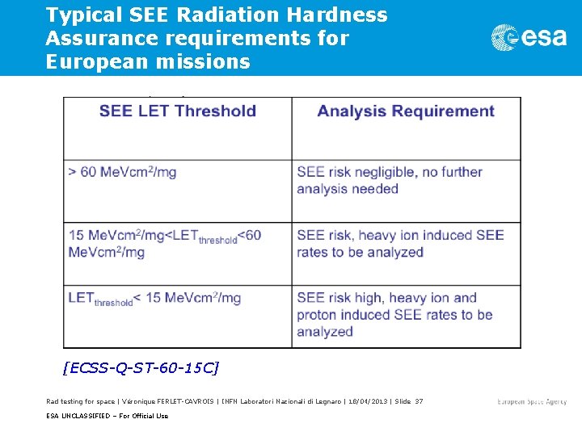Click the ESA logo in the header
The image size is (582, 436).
[x=529, y=37]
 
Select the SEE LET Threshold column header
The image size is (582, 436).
[x=178, y=111]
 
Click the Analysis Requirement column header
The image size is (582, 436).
[x=406, y=111]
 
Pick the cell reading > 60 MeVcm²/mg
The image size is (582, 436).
[x=122, y=172]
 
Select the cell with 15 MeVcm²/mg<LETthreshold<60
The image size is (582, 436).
[x=165, y=244]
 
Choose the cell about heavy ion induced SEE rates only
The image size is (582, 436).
[x=400, y=244]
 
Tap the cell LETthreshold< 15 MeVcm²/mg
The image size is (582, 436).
[x=154, y=299]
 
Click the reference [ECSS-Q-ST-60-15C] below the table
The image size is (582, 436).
[x=141, y=368]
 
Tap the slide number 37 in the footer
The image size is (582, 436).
[x=418, y=401]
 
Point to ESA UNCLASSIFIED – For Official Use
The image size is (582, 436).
[x=107, y=416]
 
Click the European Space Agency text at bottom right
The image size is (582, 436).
[x=532, y=401]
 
